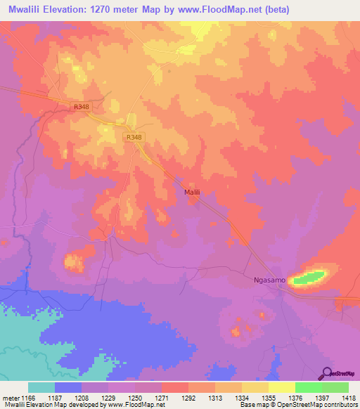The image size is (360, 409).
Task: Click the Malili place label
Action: (x=193, y=191)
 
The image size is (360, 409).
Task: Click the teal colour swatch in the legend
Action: (x=41, y=387)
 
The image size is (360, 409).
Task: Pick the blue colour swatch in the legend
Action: (x=67, y=387)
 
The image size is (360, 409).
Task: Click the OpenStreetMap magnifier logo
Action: (x=328, y=372)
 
